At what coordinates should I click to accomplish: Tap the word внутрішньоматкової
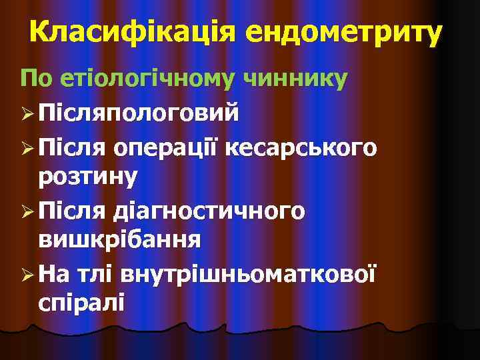[247, 272]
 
